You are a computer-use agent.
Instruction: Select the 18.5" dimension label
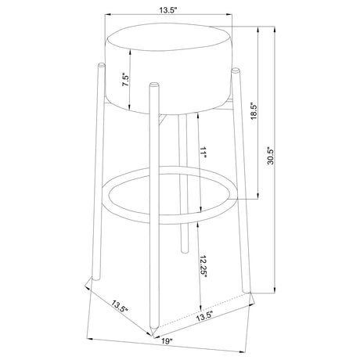[254, 111]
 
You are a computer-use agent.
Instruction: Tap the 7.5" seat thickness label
[125, 81]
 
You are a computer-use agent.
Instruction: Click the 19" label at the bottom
[167, 341]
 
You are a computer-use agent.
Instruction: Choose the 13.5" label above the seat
[168, 10]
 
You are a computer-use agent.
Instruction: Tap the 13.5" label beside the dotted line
[204, 316]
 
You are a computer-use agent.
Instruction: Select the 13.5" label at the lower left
[120, 307]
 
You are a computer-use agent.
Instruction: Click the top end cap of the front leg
[153, 85]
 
